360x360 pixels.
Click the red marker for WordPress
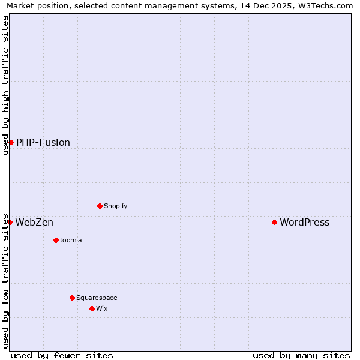coord(274,222)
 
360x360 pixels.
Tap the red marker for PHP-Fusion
coord(11,142)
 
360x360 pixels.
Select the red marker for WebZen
coord(10,222)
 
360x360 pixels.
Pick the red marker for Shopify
coord(100,206)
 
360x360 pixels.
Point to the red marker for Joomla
coord(56,240)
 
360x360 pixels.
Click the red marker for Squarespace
coord(72,298)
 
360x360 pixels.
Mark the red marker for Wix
coord(92,308)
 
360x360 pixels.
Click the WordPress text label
coord(304,222)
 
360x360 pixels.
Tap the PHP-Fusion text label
coord(43,142)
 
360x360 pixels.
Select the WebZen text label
coord(34,222)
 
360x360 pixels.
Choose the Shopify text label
coord(115,206)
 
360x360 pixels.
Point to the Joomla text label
coord(71,240)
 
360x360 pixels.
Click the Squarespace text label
coord(97,298)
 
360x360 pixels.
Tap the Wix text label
coord(101,308)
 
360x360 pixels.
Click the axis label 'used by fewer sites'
coord(62,355)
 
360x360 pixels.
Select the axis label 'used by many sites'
coord(301,355)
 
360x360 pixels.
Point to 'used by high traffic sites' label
coord(5,85)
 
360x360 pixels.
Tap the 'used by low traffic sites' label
coord(5,281)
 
